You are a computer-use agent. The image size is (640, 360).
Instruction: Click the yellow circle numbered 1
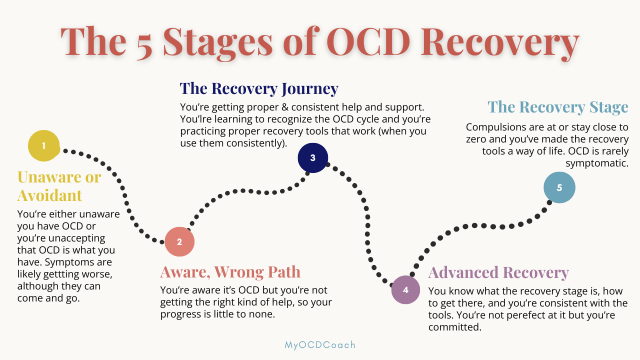43,145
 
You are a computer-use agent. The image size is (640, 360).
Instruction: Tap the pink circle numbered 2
179,241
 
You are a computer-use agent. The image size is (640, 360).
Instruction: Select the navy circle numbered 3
312,157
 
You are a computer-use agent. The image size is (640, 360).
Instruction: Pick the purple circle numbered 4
405,289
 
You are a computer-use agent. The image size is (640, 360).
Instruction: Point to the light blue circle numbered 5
559,187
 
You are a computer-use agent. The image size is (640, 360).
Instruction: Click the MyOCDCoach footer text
320,345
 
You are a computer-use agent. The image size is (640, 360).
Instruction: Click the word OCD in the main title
368,41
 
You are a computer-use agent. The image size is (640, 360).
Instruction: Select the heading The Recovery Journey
259,88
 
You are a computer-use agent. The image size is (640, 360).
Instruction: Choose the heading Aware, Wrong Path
230,271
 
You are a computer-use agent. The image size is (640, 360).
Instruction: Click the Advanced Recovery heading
498,272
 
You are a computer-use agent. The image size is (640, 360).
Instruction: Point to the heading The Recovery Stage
558,107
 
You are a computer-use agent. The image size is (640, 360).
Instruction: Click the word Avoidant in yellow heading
49,195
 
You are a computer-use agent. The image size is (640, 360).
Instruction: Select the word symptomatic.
597,163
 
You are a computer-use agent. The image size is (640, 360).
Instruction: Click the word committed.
455,327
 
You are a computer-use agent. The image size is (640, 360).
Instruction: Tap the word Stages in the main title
217,43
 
